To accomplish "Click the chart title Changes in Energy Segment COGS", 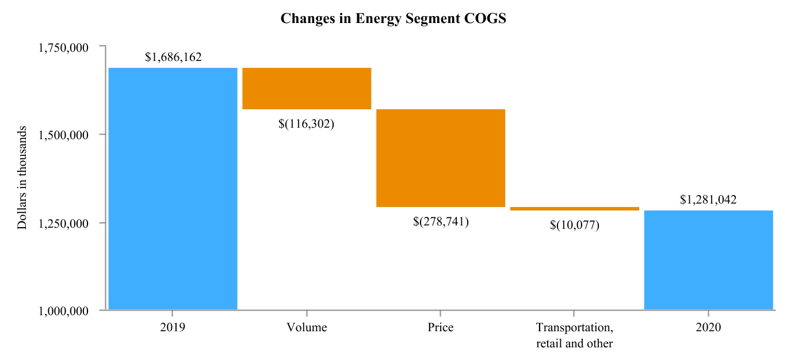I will [x=393, y=18].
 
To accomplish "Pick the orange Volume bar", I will [x=307, y=88].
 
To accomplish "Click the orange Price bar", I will [x=441, y=158].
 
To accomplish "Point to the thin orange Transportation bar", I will [x=574, y=209].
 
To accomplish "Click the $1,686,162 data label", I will [x=173, y=58].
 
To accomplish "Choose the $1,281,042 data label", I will [x=708, y=200].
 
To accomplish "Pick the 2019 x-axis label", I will [x=173, y=328].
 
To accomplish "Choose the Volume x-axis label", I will [x=307, y=328].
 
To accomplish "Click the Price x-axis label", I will [x=441, y=328].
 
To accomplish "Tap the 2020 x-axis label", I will [x=708, y=328].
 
